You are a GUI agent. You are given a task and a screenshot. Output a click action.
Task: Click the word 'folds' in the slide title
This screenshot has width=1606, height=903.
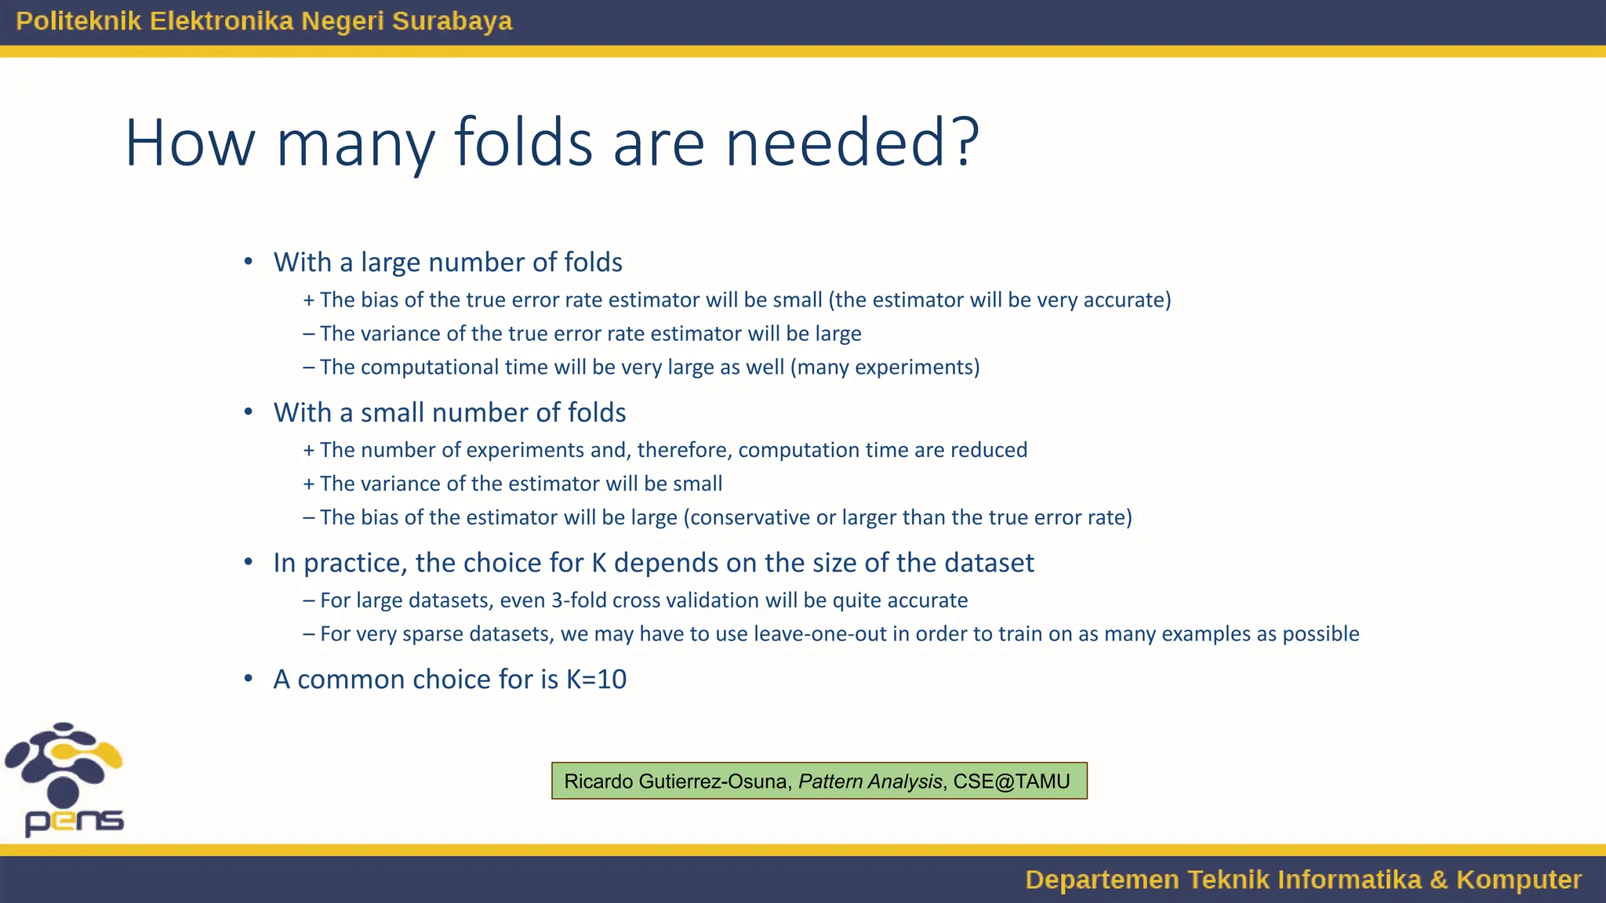[x=523, y=143]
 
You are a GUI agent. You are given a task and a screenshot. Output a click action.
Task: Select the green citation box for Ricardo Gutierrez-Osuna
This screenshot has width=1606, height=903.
[x=819, y=781]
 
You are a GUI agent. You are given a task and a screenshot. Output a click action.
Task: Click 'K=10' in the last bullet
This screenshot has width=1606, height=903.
[x=597, y=680]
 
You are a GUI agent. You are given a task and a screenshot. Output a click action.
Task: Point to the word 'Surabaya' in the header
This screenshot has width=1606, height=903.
[x=452, y=21]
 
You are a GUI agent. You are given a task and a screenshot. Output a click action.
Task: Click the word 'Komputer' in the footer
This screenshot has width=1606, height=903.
[x=1518, y=879]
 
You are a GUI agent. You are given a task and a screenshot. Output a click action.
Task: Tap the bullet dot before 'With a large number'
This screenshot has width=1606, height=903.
[x=249, y=262]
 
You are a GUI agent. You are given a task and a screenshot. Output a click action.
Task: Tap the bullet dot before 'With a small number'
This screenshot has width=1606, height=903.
[x=249, y=412]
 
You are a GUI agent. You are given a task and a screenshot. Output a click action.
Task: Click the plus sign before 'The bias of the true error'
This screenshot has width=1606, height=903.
[x=309, y=300]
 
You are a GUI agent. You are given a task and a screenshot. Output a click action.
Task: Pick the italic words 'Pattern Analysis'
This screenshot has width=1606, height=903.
[x=870, y=782]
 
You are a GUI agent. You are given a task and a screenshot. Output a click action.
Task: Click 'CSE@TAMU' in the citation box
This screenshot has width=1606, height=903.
[x=1011, y=782]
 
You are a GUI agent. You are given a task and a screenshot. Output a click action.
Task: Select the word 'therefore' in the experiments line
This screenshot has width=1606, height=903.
[x=684, y=451]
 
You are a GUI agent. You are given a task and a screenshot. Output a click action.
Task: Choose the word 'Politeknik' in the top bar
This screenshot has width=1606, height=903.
[x=78, y=21]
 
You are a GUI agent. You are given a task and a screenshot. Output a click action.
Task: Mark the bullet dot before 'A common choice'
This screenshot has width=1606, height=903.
[x=249, y=680]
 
